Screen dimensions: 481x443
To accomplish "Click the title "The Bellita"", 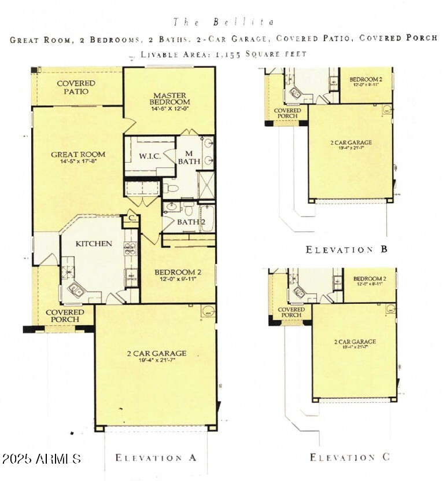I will [x=222, y=22].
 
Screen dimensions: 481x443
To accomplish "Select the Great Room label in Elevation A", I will [x=78, y=155].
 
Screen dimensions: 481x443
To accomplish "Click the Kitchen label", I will [x=94, y=244].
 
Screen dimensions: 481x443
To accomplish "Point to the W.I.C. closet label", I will [x=149, y=156].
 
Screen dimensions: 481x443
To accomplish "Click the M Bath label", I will [x=189, y=157].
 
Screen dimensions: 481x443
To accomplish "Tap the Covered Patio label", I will [x=76, y=87].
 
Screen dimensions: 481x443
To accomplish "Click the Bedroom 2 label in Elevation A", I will [x=178, y=272].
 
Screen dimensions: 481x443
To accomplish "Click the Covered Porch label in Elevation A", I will [x=65, y=316].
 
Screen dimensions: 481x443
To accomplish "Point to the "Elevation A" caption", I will [x=156, y=458].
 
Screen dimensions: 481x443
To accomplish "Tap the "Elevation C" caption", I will [x=350, y=458].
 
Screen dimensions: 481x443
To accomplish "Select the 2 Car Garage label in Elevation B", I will [x=352, y=142].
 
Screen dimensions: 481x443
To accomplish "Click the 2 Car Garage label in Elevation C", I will [x=355, y=342].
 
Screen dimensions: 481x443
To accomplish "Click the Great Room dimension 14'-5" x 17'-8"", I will [x=78, y=162].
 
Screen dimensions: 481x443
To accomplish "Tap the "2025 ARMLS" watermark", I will [x=41, y=459].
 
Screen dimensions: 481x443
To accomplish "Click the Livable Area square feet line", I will [x=222, y=54].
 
